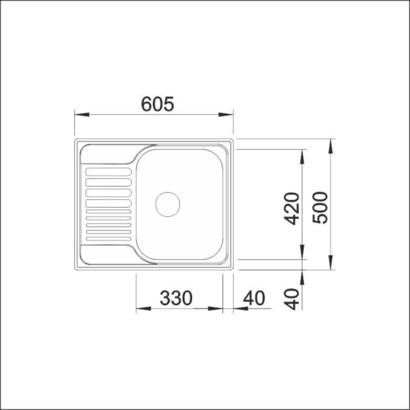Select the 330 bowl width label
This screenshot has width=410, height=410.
coord(176,298)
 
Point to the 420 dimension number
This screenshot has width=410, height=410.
coord(292,208)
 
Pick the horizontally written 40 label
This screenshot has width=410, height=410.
coord(254,298)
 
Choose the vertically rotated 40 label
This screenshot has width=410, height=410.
coord(292,299)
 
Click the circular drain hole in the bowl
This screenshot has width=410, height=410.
coord(167,204)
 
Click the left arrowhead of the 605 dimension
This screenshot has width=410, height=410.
coord(82,114)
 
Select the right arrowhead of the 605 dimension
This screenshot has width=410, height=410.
coord(226,114)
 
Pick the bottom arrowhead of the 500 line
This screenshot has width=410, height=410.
coord(330,263)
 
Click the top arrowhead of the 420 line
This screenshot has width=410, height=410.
coord(302,157)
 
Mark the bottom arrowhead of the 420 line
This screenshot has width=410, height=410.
coord(302,252)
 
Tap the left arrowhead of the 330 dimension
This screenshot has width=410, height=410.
coord(143,309)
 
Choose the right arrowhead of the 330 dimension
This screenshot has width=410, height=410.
coord(215,309)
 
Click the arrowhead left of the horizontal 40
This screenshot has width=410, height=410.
coord(241,309)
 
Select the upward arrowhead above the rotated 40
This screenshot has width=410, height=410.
coord(302,277)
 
